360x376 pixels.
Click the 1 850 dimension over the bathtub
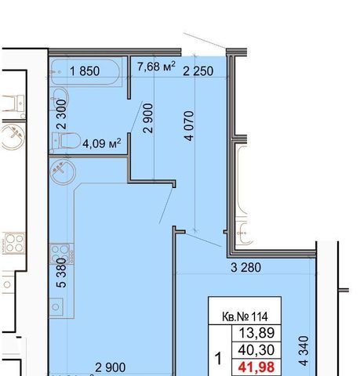[x=85, y=71]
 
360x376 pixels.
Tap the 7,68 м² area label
[x=156, y=67]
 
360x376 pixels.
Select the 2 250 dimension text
[x=198, y=71]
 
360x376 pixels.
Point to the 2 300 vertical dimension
[x=62, y=114]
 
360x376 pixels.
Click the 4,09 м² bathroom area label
[x=102, y=143]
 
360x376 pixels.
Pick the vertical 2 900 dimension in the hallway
[x=148, y=118]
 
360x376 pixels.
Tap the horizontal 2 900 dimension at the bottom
[x=111, y=367]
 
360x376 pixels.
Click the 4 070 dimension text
[x=189, y=126]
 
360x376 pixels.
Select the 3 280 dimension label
[x=245, y=268]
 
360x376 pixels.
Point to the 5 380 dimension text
[x=62, y=273]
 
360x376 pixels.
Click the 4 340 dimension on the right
[x=304, y=351]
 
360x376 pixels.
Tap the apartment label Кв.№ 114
[x=245, y=316]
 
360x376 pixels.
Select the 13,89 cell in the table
[x=256, y=333]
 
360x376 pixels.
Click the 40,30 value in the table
[x=256, y=350]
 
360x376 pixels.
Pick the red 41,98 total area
[x=256, y=367]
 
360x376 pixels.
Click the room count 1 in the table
[x=218, y=358]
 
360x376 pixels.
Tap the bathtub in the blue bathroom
[x=85, y=72]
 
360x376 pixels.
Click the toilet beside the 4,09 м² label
[x=66, y=141]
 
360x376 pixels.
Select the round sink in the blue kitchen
[x=63, y=172]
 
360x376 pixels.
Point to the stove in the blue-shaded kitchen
[x=62, y=253]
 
